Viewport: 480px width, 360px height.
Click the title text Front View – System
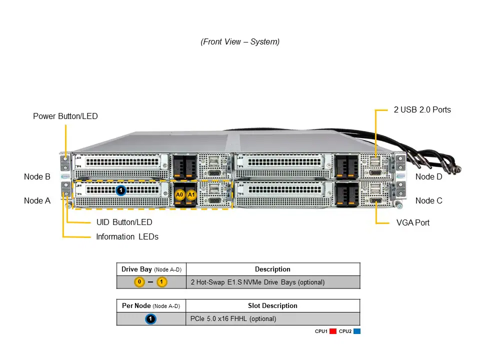[240, 42]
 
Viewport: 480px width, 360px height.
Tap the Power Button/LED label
[65, 116]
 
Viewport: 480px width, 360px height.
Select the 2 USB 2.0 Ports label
[422, 109]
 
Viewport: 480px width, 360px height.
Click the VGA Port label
[412, 222]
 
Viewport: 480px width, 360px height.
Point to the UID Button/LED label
[124, 222]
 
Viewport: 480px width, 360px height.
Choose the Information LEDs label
[127, 236]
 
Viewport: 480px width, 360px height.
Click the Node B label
[37, 176]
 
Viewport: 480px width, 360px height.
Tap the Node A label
[37, 200]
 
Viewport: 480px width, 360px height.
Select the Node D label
[428, 176]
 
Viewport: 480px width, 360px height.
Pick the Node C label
[428, 200]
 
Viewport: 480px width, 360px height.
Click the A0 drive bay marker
[180, 194]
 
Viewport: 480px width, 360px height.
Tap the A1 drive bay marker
[191, 194]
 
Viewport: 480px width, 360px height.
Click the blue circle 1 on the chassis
[120, 190]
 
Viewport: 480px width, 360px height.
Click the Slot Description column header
[272, 305]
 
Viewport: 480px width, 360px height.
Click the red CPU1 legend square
[332, 331]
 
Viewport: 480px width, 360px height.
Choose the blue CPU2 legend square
[356, 331]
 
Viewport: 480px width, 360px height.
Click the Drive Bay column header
[151, 269]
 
